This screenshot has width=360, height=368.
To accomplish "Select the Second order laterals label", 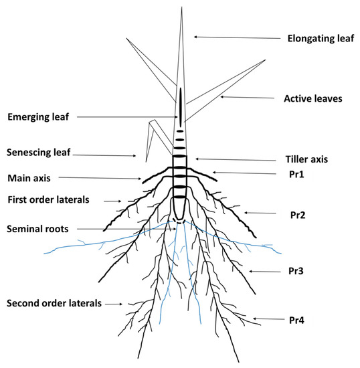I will coord(54,304).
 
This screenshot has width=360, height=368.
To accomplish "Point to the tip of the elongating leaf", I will coord(181,8).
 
